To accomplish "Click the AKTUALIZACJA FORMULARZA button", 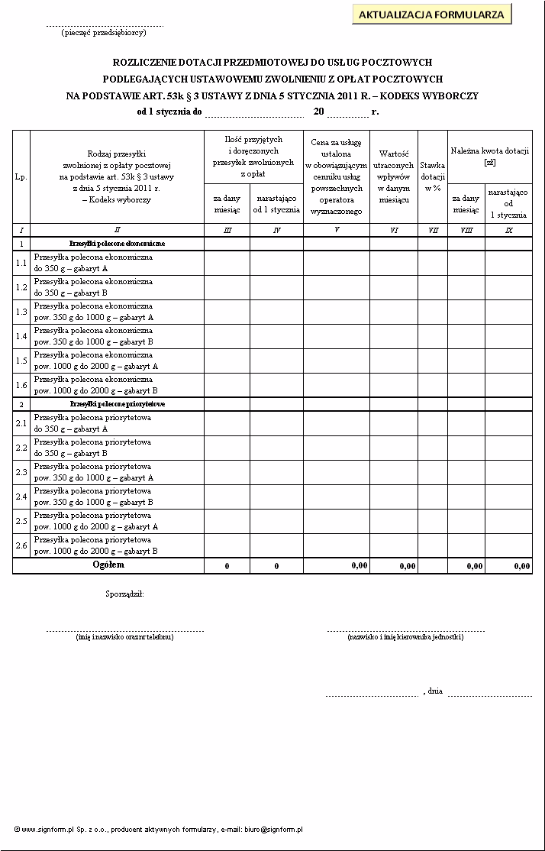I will pos(431,15).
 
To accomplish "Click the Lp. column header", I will pos(21,176).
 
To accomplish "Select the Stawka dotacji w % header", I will pos(433,176).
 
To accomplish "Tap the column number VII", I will pos(433,230).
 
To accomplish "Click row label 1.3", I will pos(21,312).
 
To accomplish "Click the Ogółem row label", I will pos(108,565).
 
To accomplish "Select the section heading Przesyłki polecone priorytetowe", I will pos(118,403).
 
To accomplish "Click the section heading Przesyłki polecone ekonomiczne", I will pos(117,243).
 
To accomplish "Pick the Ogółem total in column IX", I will pos(522,566).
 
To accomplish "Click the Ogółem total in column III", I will pos(227,566).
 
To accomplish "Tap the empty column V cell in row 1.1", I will pos(337,263).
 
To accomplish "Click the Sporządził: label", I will pos(124,594).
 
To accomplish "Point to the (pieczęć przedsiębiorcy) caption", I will pos(104,33).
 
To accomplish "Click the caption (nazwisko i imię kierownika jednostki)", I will pos(405,637).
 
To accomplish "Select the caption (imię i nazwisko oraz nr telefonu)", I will pos(125,637).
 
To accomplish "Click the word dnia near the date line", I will pos(435,691).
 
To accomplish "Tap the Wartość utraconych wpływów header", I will pos(394,176).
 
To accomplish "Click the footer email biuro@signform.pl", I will pos(274,829).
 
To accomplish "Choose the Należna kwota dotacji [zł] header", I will pos(489,157).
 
